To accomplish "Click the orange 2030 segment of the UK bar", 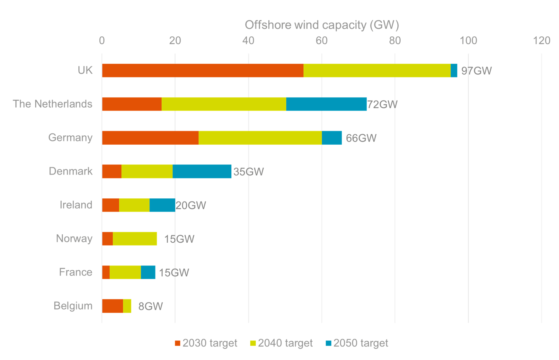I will click(x=202, y=70).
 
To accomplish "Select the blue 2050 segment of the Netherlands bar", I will click(x=326, y=104).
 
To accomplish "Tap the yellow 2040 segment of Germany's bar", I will click(x=260, y=138).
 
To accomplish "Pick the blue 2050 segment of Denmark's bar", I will click(x=202, y=171).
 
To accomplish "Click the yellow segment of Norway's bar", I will click(x=135, y=239).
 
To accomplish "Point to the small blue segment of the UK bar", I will click(x=454, y=70).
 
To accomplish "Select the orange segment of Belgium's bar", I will click(x=112, y=306).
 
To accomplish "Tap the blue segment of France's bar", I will click(x=148, y=273).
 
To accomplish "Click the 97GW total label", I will click(x=476, y=71).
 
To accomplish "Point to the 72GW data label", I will click(x=382, y=104).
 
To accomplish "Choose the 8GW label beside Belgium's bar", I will click(x=150, y=306).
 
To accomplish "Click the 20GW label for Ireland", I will click(x=191, y=205).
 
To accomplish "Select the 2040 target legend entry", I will click(x=281, y=343).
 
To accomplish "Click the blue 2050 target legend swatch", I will click(x=328, y=343).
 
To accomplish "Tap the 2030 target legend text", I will click(x=210, y=343).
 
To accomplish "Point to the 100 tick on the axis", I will click(x=468, y=41).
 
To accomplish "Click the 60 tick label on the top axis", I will click(x=322, y=41).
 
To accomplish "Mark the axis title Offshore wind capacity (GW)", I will click(x=322, y=25).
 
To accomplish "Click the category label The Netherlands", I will click(x=52, y=104).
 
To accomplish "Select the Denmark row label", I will click(x=71, y=171).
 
